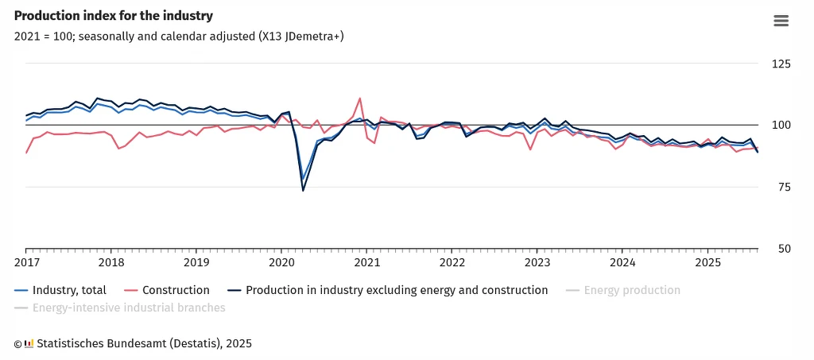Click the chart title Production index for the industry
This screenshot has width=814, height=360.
tap(114, 16)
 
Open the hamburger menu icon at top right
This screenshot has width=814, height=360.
tap(781, 21)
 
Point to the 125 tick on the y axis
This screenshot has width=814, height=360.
tap(783, 64)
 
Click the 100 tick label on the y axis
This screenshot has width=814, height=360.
tap(783, 126)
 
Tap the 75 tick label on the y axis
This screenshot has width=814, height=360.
tap(785, 188)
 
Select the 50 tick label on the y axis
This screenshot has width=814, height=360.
tap(785, 249)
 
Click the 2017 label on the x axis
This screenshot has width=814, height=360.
tap(26, 262)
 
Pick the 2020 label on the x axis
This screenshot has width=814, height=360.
tap(281, 262)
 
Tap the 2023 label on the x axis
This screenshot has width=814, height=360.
tap(537, 262)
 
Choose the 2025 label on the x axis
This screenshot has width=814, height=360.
tap(707, 262)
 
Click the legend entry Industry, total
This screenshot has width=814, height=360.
tap(69, 290)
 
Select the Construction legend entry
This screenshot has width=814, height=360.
tap(176, 290)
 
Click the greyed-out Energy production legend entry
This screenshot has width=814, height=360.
tap(632, 290)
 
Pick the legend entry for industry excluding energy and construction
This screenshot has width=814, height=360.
tap(397, 290)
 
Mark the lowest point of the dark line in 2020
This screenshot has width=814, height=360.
tap(303, 191)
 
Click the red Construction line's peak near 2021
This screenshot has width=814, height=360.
tap(360, 99)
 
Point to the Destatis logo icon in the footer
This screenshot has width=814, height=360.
tap(29, 343)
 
